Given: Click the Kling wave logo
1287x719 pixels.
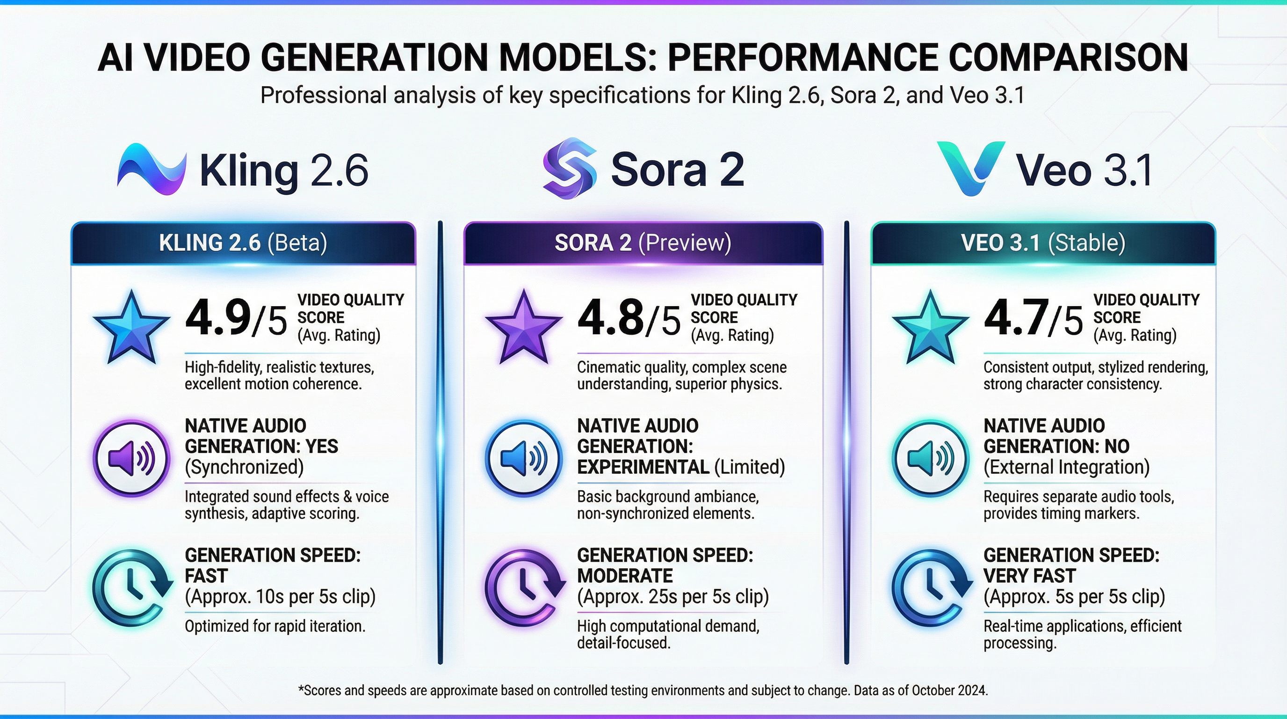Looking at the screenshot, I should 152,169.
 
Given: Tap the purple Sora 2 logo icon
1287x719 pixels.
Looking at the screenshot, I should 570,168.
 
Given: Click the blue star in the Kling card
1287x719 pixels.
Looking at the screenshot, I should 131,327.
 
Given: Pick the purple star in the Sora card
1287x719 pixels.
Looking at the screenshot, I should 524,327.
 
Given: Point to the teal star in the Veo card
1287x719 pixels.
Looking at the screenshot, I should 930,327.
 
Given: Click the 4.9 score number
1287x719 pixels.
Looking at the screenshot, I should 218,318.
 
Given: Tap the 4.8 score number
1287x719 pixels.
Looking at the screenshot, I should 610,318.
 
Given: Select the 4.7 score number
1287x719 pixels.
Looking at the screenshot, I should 1016,318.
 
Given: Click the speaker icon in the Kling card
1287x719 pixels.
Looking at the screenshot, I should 131,457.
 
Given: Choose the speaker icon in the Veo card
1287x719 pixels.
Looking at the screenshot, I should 930,457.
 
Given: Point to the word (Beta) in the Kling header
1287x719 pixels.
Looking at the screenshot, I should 297,243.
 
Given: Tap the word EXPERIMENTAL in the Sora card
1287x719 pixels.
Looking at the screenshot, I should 643,467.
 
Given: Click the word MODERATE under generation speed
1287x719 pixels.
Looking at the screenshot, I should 624,576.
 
